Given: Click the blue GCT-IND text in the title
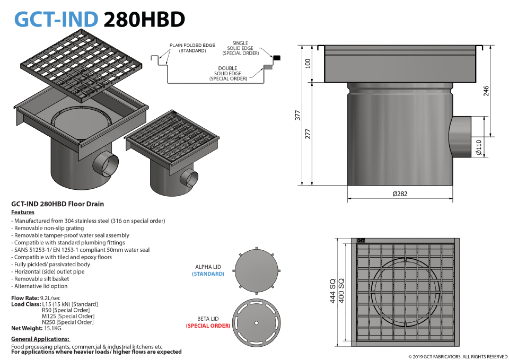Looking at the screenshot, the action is coord(56,19).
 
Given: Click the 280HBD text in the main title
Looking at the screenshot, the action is coord(144,19).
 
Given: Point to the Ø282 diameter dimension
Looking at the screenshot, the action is coord(400,194).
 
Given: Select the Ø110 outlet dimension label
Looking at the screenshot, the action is coord(479,147).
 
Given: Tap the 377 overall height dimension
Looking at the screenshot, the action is coord(297,116).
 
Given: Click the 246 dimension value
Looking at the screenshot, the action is coord(486,91).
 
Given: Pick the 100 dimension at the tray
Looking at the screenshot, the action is coord(308,63).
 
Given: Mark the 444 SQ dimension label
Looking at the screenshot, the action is coord(333,291).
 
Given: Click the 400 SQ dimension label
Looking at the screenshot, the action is coord(341,291).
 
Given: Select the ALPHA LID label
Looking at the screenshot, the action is coord(208,267).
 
